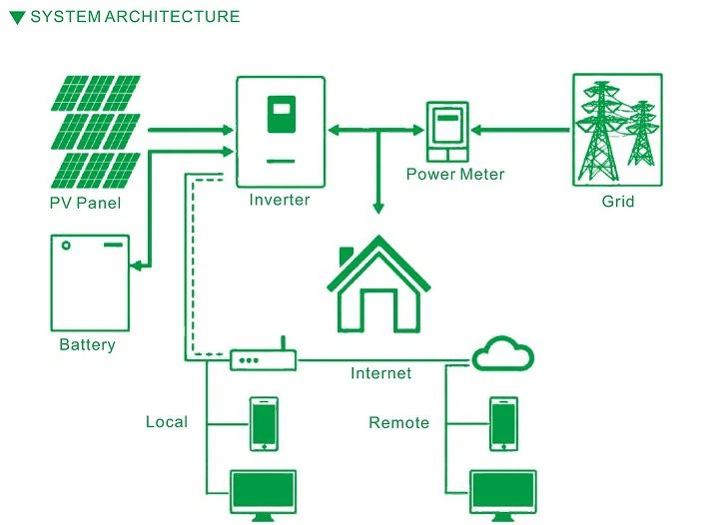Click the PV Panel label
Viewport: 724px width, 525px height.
tap(85, 203)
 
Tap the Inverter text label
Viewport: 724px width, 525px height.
tap(280, 200)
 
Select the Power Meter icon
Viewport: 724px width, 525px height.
tap(447, 132)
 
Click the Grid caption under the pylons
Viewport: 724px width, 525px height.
tap(618, 202)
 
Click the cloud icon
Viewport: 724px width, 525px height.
tap(503, 353)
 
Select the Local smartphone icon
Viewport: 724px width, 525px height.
tap(264, 423)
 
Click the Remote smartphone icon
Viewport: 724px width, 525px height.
tap(503, 423)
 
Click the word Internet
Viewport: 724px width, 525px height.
tap(380, 372)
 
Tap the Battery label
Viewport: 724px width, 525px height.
tap(87, 344)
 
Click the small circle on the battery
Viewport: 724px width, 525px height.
tap(66, 246)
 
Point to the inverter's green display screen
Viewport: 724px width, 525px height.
tap(282, 115)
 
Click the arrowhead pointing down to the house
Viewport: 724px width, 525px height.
tap(378, 208)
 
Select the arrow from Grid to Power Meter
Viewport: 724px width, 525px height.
tap(520, 131)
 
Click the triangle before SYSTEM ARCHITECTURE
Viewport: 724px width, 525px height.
tap(17, 18)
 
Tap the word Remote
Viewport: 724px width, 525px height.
tap(398, 422)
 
